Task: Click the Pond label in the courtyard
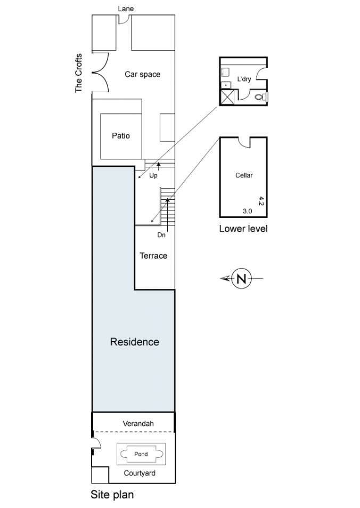click(141, 454)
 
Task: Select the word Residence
click(135, 342)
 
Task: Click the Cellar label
click(244, 175)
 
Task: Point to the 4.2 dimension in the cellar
click(261, 200)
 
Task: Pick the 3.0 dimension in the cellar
click(247, 211)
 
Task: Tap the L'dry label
click(244, 79)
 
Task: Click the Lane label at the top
click(126, 9)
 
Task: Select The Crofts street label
click(79, 73)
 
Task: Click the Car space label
click(142, 75)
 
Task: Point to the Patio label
click(121, 135)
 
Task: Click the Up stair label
click(153, 175)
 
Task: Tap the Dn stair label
click(161, 235)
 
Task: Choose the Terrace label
click(153, 256)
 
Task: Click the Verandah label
click(138, 423)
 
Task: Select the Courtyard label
click(140, 473)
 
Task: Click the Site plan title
click(112, 495)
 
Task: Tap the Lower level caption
click(243, 229)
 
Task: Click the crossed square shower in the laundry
click(227, 96)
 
